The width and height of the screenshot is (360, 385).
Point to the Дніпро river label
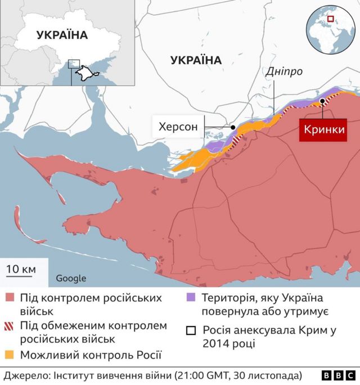[284, 72]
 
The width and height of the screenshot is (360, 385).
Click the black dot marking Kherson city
[233, 128]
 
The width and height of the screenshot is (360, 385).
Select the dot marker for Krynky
[322, 101]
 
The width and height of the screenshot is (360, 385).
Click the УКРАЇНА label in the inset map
[62, 35]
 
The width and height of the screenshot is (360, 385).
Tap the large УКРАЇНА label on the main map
[196, 60]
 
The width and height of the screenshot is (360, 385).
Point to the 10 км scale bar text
[21, 269]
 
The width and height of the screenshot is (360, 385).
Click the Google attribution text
[71, 278]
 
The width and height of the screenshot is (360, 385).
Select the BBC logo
[339, 375]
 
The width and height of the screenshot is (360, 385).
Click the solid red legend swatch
[10, 298]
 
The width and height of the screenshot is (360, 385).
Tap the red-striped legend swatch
[10, 326]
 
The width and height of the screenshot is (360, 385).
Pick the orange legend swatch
[10, 355]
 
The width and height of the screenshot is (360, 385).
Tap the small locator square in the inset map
[74, 64]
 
